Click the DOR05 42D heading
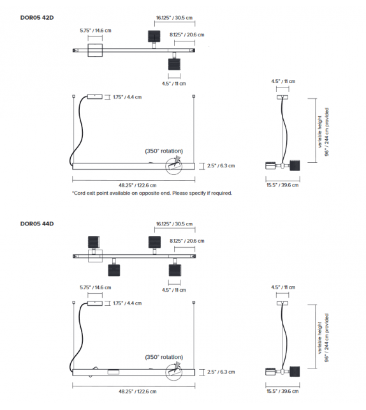click(37, 18)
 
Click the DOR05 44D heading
click(37, 224)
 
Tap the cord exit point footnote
click(152, 194)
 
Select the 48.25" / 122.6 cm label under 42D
click(138, 185)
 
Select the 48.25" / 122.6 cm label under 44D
click(138, 391)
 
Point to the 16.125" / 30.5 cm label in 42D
click(174, 18)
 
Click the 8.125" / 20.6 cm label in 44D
click(187, 241)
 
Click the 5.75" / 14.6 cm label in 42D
click(96, 31)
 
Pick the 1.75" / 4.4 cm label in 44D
click(128, 303)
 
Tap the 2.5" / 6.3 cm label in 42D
click(221, 166)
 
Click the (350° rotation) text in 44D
click(164, 357)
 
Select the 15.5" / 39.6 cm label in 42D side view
click(282, 185)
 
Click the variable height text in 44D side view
click(320, 338)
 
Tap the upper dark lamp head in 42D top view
click(154, 36)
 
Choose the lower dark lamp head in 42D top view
click(174, 64)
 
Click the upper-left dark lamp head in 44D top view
click(94, 243)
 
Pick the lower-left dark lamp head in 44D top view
click(114, 270)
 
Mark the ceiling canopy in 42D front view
click(95, 96)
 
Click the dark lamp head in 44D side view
click(295, 372)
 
